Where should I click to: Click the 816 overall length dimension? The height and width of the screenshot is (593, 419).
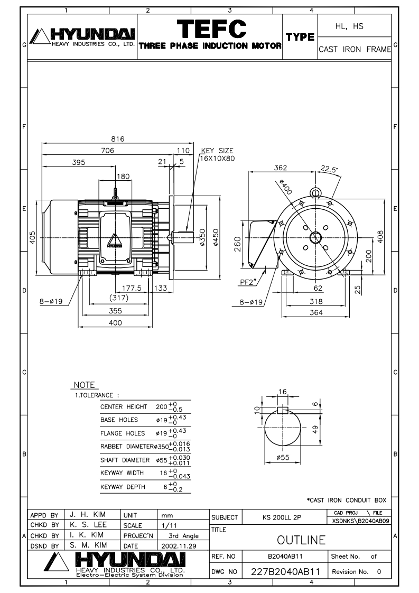[x=118, y=139]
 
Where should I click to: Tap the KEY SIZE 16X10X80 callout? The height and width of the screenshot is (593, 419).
[x=217, y=154]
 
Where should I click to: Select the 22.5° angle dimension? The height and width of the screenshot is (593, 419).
[x=329, y=169]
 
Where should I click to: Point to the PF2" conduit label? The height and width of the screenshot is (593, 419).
[x=249, y=282]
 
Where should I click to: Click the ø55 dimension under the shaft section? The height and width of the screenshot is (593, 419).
[x=283, y=457]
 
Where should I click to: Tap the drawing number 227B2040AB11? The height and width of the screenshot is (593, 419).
[x=285, y=571]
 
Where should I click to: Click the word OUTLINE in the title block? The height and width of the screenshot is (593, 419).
[x=301, y=540]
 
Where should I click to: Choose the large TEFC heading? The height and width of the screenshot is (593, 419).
[x=211, y=29]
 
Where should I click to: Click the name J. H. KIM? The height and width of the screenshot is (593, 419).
[x=88, y=514]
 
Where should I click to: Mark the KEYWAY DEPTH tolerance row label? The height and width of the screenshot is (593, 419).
[x=123, y=487]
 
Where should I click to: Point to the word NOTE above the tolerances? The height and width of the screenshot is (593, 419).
[x=84, y=385]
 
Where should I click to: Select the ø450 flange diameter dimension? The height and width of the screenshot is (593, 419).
[x=216, y=237]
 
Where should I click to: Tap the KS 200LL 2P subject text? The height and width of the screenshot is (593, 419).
[x=282, y=517]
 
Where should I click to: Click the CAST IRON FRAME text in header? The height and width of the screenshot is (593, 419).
[x=355, y=49]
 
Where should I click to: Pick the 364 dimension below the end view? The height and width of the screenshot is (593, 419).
[x=316, y=312]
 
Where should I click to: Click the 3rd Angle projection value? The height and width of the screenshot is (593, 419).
[x=183, y=535]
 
